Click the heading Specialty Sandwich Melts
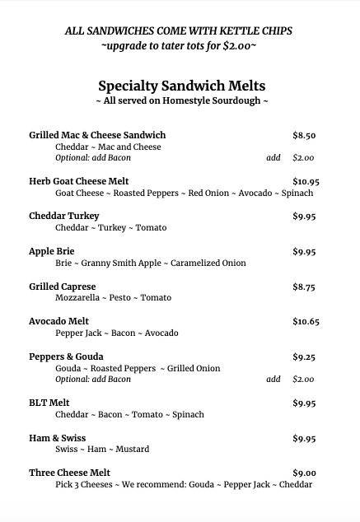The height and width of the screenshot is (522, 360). pyautogui.click(x=181, y=85)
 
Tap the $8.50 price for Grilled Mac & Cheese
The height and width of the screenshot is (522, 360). pyautogui.click(x=304, y=135)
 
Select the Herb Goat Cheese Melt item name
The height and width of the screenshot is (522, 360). pyautogui.click(x=79, y=181)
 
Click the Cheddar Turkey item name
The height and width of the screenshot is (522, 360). pyautogui.click(x=64, y=216)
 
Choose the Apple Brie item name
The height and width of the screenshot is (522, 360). pyautogui.click(x=51, y=251)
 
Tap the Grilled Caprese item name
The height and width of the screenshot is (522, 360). pyautogui.click(x=63, y=287)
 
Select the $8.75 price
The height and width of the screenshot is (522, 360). pyautogui.click(x=304, y=287)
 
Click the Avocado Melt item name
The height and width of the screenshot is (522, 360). pyautogui.click(x=59, y=321)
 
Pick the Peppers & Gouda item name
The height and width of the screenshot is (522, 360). pyautogui.click(x=66, y=357)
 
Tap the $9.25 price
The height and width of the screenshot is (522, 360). pyautogui.click(x=304, y=357)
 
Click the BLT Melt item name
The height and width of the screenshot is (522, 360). pyautogui.click(x=49, y=403)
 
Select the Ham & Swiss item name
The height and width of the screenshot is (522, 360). pyautogui.click(x=58, y=438)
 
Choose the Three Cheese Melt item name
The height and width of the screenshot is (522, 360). pyautogui.click(x=70, y=473)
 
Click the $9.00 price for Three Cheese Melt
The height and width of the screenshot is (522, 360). pyautogui.click(x=304, y=473)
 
